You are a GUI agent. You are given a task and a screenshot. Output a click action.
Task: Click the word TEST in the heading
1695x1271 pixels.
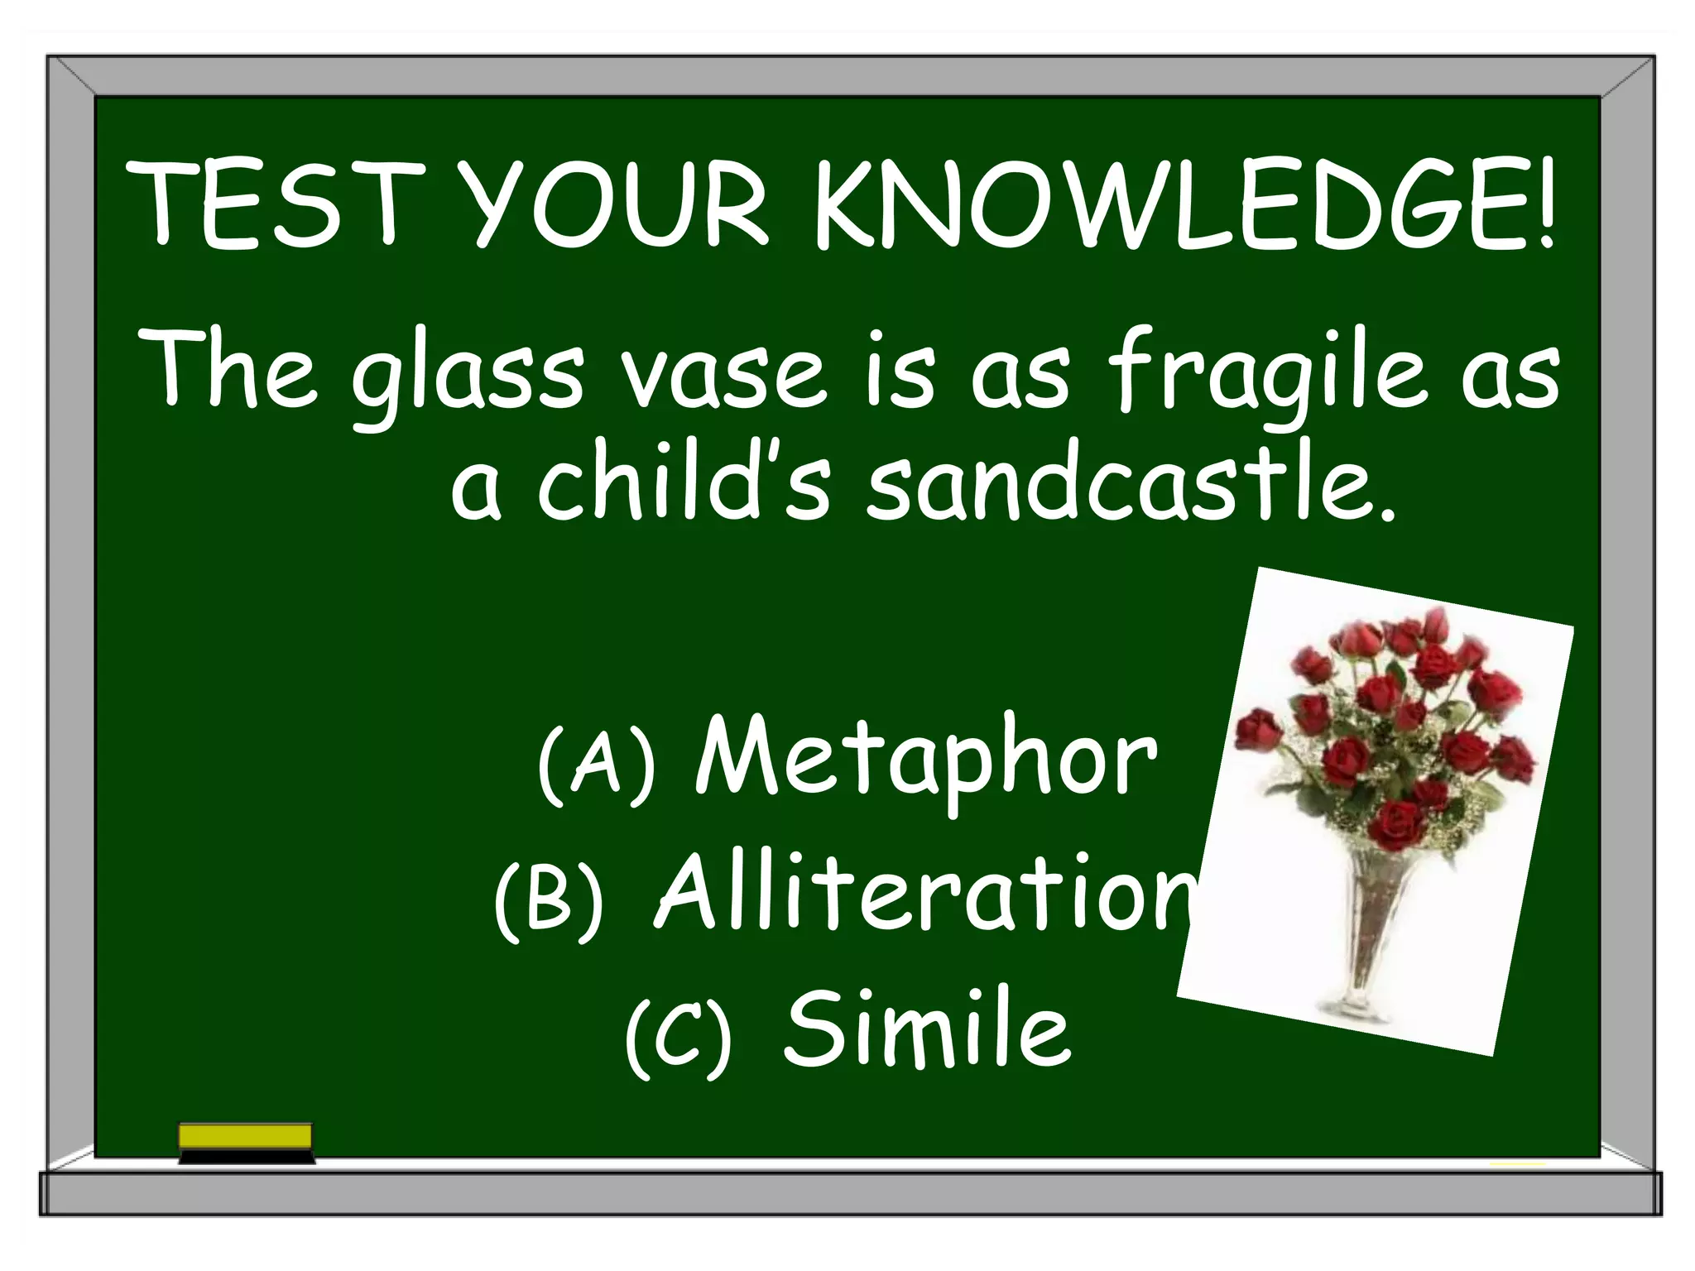(277, 205)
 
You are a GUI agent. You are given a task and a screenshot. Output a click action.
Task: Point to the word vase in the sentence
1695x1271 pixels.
(723, 377)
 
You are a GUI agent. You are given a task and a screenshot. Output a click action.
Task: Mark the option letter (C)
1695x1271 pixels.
(679, 1034)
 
